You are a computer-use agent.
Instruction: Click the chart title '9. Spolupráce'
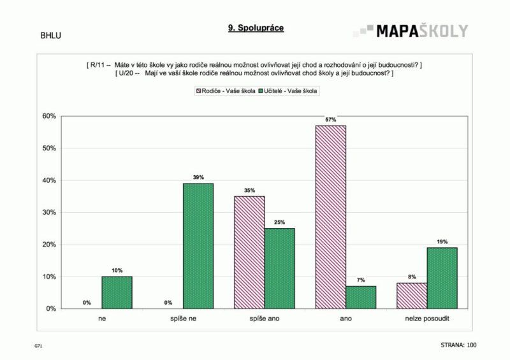point(256,28)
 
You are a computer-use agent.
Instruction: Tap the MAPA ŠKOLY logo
point(412,31)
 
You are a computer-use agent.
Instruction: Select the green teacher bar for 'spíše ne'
point(198,246)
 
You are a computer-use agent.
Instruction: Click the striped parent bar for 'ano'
point(330,217)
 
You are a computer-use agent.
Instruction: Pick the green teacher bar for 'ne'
point(117,292)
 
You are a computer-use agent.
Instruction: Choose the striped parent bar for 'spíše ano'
point(249,252)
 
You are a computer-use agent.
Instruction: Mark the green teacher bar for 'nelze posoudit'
point(442,278)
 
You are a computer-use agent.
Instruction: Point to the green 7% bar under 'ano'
point(361,297)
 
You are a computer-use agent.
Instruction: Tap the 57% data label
point(330,120)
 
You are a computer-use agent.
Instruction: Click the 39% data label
point(198,178)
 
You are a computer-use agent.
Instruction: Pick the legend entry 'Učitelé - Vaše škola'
point(290,91)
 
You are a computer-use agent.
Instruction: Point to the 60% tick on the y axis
point(49,116)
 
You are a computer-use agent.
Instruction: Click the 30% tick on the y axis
point(49,212)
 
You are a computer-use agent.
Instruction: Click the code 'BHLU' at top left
point(50,35)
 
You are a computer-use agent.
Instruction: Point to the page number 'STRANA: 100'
point(458,345)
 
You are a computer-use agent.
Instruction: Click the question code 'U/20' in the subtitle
point(124,73)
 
